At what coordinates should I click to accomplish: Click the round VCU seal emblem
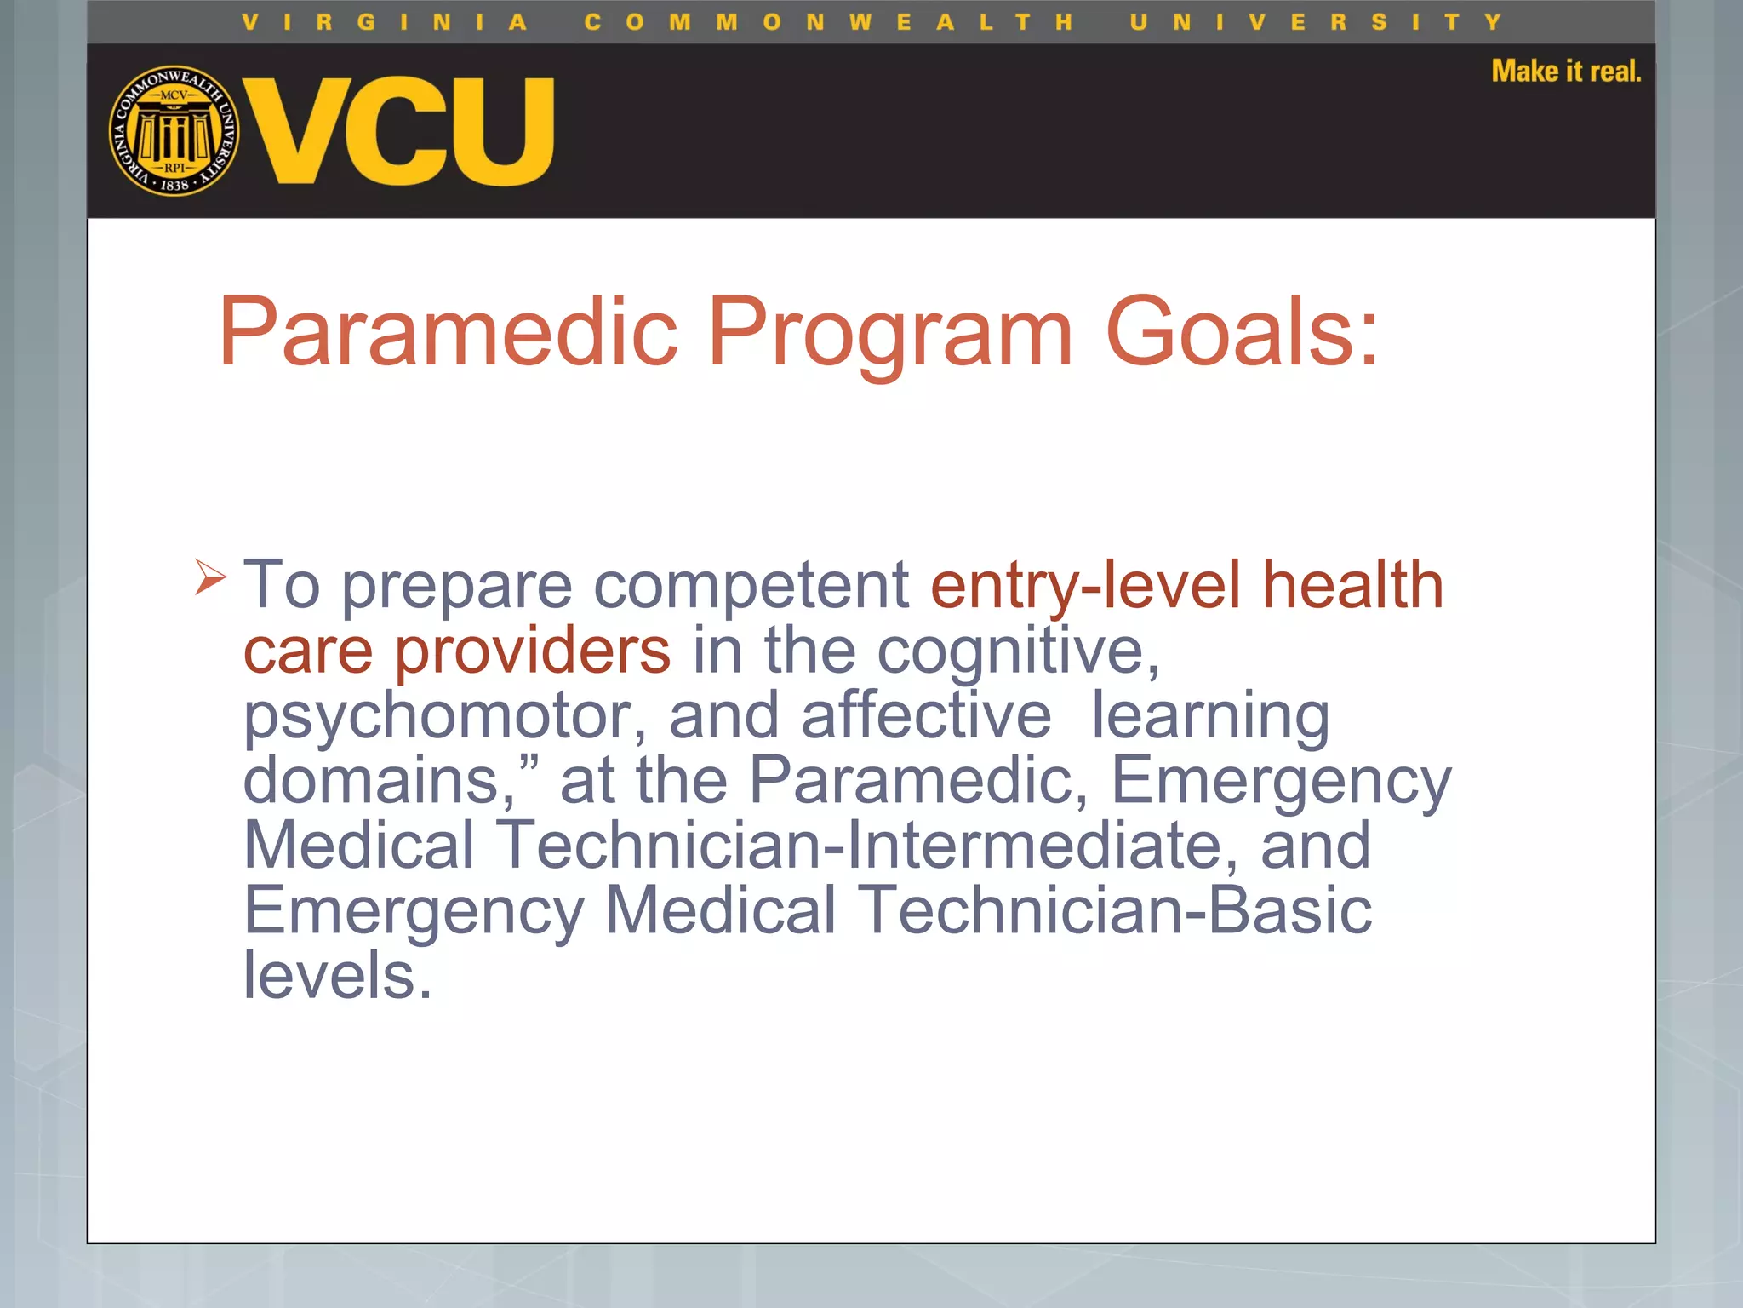[174, 130]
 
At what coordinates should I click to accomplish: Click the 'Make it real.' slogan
[1565, 72]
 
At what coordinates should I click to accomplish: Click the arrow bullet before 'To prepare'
[209, 577]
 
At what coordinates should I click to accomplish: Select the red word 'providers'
[532, 651]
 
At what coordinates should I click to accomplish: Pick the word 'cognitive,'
[1018, 651]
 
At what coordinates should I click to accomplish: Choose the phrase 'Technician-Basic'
[1114, 910]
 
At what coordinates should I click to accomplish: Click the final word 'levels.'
[338, 975]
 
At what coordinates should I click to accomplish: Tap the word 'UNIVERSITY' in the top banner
[1315, 22]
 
